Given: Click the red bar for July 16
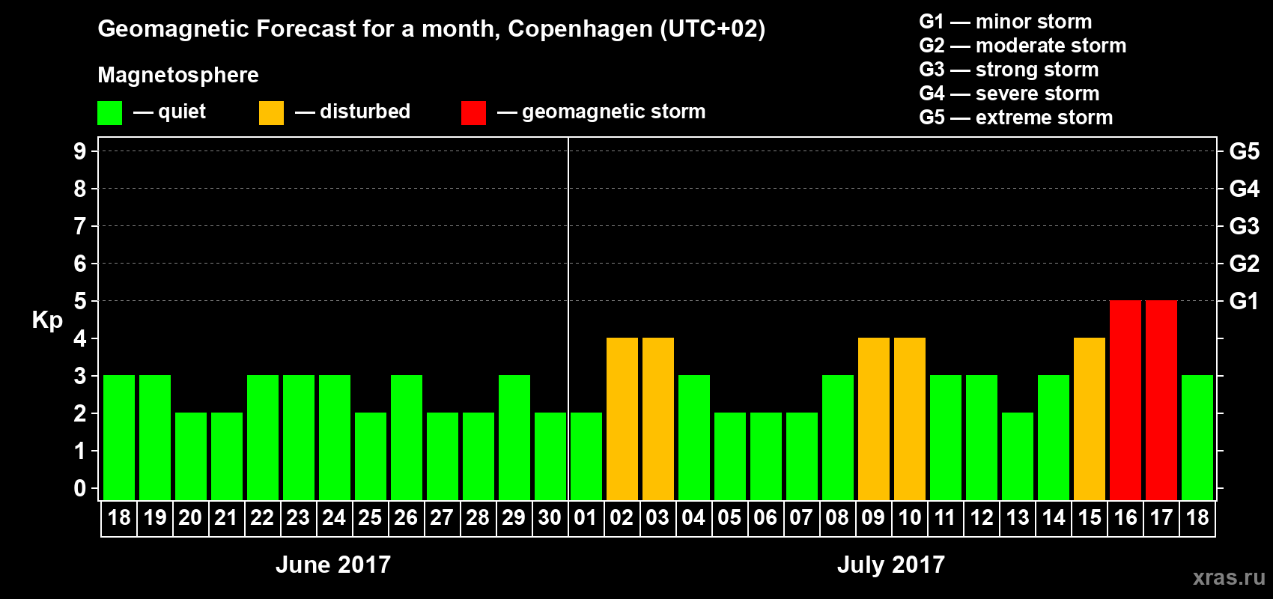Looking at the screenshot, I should coord(1125,400).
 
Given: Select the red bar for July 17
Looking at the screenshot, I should coord(1161,400).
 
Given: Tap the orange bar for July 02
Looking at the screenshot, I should coord(622,419).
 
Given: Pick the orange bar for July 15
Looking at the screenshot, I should coord(1090,419).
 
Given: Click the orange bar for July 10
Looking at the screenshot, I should coord(910,419).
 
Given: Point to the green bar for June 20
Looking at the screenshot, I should coord(191,456).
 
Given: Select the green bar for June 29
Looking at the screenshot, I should coord(514,437).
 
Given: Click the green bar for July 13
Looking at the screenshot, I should coord(1018,456).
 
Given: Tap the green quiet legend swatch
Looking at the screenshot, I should coord(110,113).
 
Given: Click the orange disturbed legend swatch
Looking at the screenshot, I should coord(271,113).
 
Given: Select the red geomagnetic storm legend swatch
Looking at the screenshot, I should coord(473,113).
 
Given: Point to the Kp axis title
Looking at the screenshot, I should coord(47,320).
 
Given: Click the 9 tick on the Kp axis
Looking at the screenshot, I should coord(79,151).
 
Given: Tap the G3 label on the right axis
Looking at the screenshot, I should coord(1244,226).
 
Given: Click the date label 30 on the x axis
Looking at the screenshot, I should coord(550,518).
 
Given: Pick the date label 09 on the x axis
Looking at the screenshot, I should coord(873,518).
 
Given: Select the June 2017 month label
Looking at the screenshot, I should coord(333,565).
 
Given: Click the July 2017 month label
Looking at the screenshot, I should coord(891,565).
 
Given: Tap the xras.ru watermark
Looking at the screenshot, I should coord(1229,577).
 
